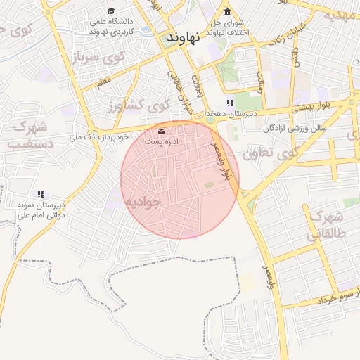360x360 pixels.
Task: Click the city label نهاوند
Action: (x=184, y=39)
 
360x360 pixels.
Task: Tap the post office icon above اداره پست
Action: (x=162, y=131)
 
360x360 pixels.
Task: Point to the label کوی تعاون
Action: (x=270, y=153)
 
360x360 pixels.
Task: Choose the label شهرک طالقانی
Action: (x=326, y=225)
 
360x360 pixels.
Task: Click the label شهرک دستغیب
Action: (x=27, y=136)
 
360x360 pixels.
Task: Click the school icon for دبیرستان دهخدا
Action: (x=230, y=103)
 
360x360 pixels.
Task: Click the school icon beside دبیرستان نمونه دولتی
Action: (x=41, y=194)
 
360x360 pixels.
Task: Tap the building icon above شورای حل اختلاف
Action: (x=227, y=12)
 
